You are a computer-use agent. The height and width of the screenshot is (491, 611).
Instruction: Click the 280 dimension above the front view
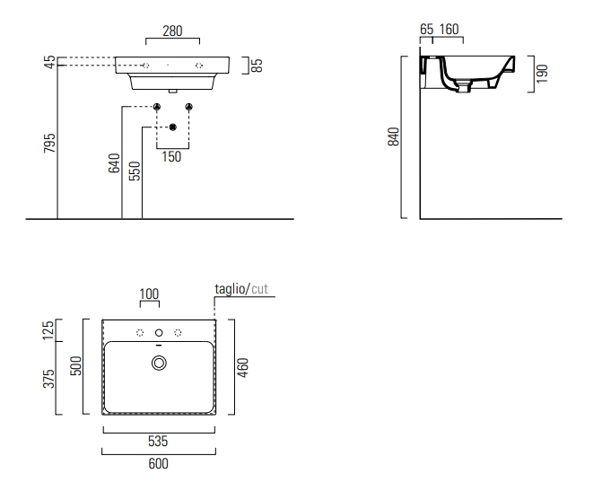172,31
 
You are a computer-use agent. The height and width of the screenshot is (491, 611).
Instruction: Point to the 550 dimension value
135,171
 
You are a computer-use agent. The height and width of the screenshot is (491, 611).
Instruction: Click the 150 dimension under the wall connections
171,157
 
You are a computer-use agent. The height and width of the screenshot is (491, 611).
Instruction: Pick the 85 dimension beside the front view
257,65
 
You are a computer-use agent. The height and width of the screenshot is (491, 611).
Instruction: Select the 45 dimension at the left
50,61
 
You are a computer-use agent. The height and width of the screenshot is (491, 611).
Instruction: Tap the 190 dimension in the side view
541,73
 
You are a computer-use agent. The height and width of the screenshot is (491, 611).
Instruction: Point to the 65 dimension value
426,30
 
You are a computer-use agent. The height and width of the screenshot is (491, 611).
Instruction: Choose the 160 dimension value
448,30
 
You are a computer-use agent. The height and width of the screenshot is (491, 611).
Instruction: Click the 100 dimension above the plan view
148,294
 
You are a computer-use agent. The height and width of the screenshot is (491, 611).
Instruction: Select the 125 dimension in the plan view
49,330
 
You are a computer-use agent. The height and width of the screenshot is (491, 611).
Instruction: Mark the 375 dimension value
49,379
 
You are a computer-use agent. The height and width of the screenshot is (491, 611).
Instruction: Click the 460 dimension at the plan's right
242,368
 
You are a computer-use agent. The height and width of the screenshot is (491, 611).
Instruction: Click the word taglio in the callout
231,289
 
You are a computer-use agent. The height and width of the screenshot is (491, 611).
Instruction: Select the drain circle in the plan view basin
160,363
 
